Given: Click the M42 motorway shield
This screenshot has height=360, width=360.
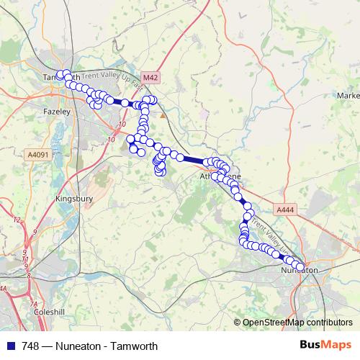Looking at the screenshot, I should click(x=150, y=77).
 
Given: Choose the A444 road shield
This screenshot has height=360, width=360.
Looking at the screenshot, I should click(x=285, y=209).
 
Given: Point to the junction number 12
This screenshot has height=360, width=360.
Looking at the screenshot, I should click(x=15, y=219).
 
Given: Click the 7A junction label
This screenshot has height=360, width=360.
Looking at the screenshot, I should click(x=32, y=305).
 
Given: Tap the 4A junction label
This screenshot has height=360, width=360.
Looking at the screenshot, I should click(x=4, y=289).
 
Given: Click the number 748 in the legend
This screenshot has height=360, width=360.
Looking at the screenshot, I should click(x=32, y=346).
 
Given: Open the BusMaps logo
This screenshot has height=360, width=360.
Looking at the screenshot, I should click(x=325, y=346).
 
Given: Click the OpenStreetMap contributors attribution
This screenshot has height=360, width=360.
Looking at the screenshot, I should click(x=297, y=323).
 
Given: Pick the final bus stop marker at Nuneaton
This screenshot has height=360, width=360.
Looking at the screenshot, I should click(x=300, y=268).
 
